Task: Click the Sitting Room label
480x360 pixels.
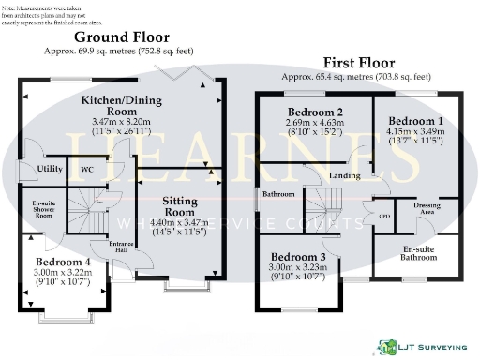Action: point(179,207)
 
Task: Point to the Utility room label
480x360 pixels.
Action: point(50,169)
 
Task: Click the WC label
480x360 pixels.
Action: point(86,169)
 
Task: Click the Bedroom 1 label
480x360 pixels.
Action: point(414,122)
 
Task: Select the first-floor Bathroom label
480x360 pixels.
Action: point(278,194)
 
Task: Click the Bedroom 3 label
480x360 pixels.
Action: point(297,257)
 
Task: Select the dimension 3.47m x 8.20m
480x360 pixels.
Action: point(120,122)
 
